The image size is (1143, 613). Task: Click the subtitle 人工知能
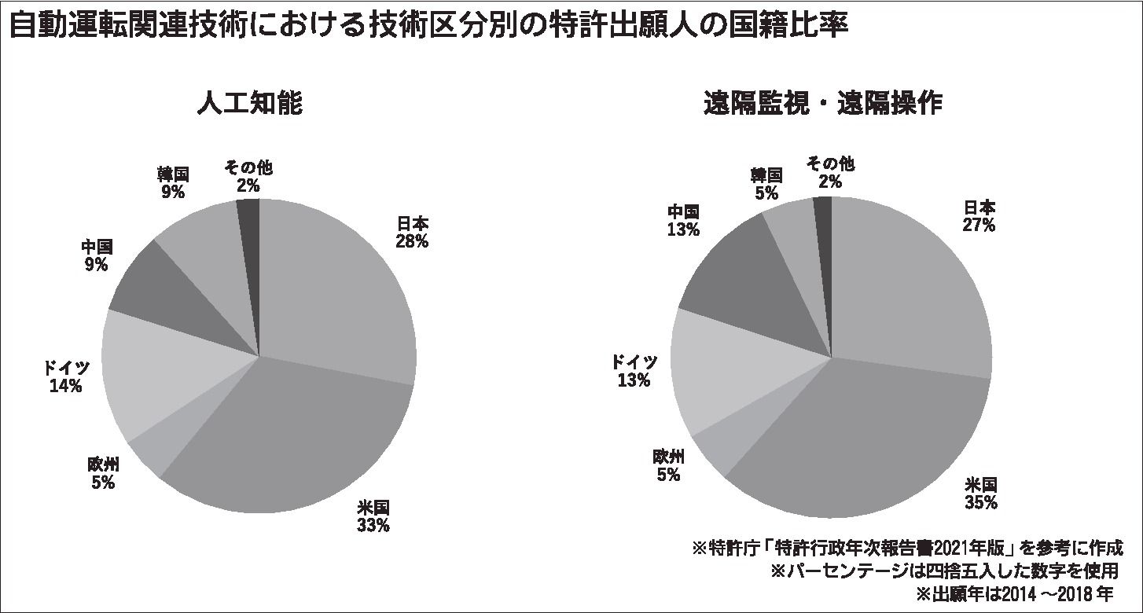(x=249, y=103)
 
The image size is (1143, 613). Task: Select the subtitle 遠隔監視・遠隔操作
(x=822, y=103)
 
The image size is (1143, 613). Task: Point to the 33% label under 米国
(x=373, y=525)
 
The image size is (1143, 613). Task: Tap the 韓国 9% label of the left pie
(x=173, y=182)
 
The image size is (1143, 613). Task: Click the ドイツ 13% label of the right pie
(x=634, y=371)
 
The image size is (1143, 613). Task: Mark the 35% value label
(x=981, y=502)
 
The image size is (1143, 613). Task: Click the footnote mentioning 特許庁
(x=906, y=547)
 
